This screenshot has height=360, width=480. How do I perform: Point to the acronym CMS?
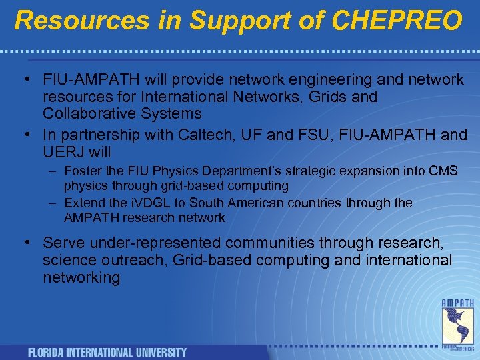[442, 171]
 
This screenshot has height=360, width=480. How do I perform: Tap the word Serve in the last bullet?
[63, 243]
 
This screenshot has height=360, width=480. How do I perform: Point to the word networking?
[81, 277]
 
